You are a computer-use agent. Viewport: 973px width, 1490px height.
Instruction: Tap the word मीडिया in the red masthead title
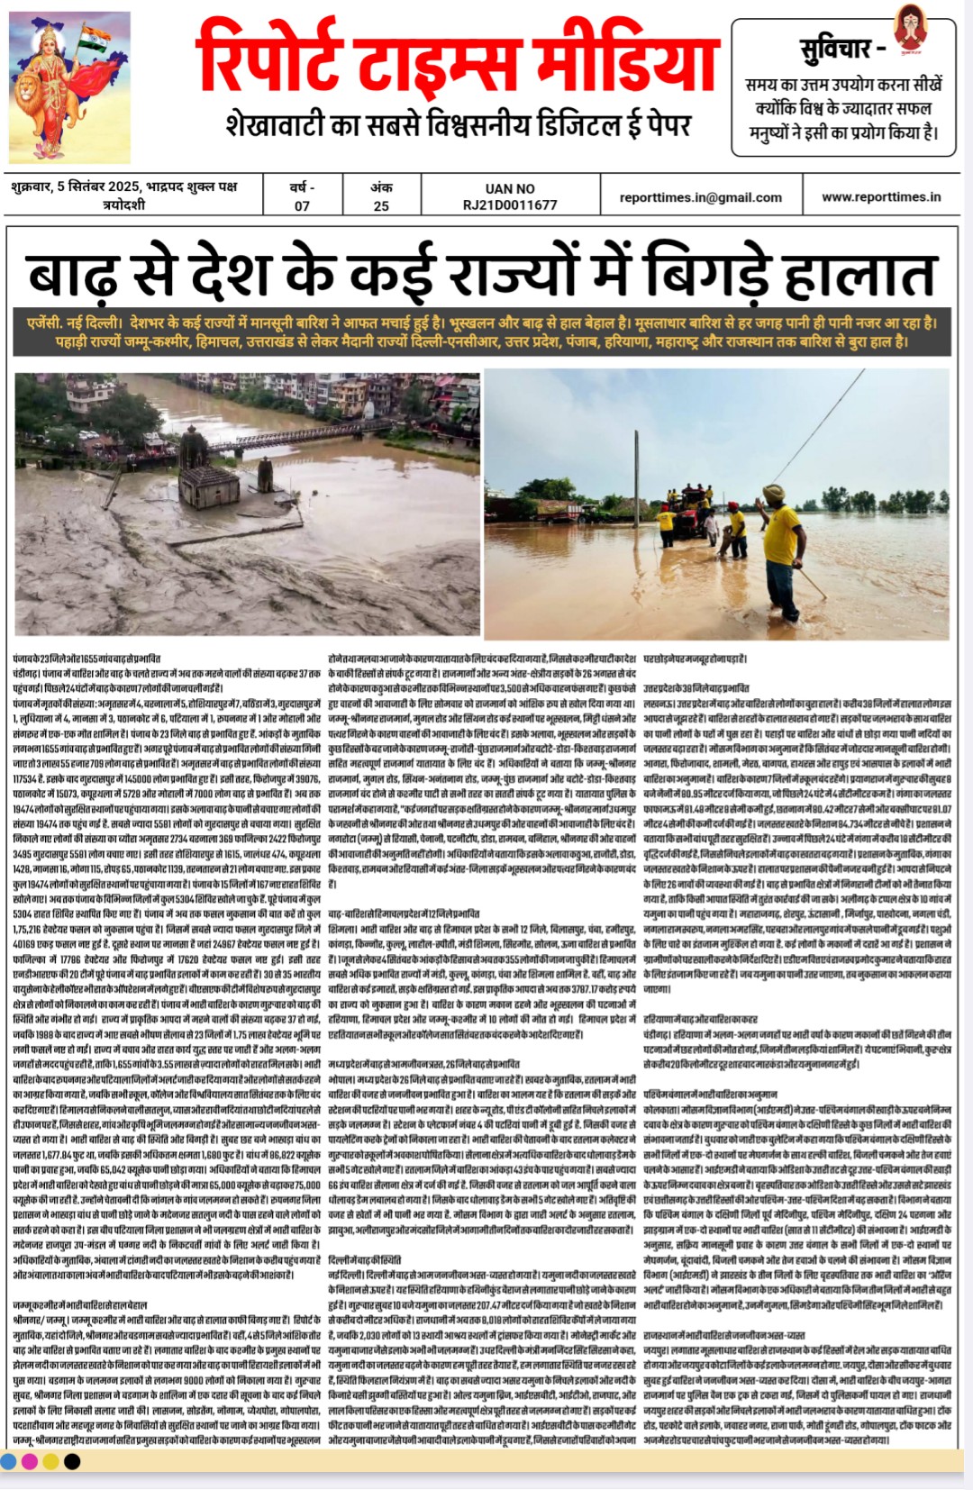625,61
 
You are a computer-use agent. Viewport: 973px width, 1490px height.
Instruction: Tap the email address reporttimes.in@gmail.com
700,197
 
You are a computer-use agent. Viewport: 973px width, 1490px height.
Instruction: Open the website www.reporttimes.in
880,196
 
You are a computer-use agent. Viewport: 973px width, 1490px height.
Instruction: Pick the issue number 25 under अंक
381,206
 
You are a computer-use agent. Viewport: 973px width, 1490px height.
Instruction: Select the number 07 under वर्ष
302,206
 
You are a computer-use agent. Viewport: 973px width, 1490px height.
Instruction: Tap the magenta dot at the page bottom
28,1461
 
